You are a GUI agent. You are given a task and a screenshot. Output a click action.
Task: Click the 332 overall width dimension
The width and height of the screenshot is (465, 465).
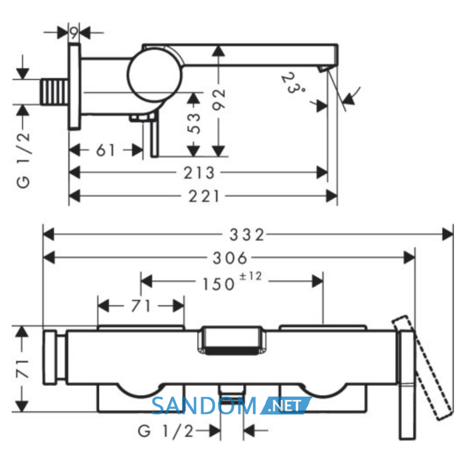(x=246, y=235)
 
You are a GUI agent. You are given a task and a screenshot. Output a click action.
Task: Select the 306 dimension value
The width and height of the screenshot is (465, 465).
(x=230, y=258)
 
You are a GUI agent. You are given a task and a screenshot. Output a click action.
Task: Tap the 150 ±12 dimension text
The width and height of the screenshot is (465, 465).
(x=232, y=281)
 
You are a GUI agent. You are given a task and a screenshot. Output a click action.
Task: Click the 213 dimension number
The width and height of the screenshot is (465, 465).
(x=199, y=173)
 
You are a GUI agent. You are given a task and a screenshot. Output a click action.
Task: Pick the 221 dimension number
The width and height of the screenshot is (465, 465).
(x=205, y=197)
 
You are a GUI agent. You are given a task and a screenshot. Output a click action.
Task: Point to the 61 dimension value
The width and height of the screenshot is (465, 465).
(x=105, y=150)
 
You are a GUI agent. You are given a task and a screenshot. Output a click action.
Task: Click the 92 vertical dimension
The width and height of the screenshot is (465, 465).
(x=219, y=100)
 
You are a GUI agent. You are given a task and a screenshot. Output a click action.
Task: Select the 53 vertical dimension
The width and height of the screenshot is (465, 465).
(x=194, y=123)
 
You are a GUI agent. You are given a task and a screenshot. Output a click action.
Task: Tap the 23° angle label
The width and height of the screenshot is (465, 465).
(x=293, y=83)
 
